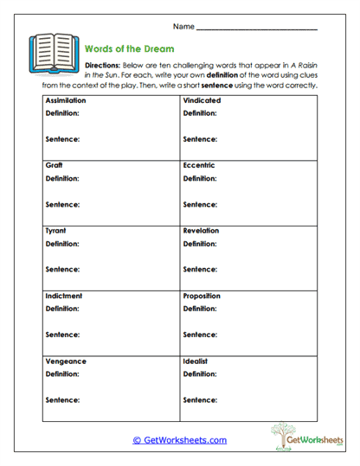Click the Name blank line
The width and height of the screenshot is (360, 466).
(256, 29)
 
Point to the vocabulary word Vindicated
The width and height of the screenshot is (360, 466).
(202, 101)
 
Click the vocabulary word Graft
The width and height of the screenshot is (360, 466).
(54, 165)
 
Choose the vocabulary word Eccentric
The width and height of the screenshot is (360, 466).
(199, 165)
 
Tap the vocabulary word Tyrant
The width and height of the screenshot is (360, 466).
(55, 231)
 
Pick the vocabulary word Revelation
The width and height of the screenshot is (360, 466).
(201, 231)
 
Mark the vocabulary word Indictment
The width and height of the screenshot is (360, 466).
(62, 296)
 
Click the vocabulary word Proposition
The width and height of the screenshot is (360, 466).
(202, 296)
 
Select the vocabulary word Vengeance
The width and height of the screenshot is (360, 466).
(62, 361)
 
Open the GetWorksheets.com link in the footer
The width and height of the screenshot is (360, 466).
(180, 440)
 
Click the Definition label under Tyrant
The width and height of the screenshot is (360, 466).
(61, 245)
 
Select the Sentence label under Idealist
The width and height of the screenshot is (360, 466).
(199, 400)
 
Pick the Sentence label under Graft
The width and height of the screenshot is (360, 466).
(61, 205)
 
